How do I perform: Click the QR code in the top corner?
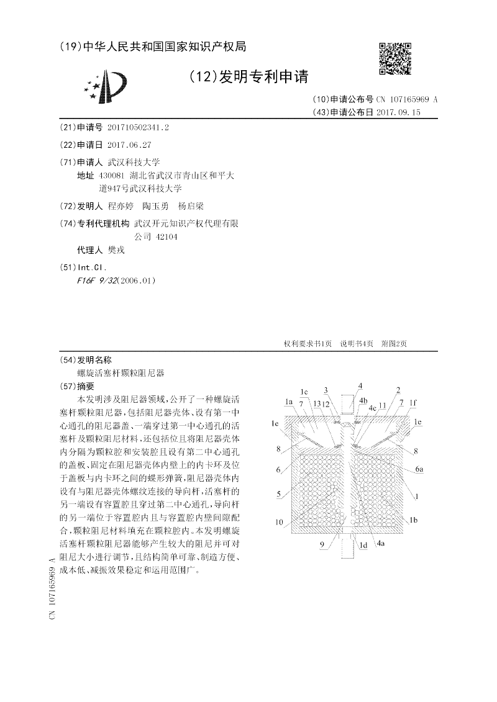point(395,59)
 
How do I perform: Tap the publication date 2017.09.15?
point(398,112)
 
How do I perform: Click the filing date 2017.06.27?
point(129,144)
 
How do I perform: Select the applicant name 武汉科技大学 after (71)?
point(134,161)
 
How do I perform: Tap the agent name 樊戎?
point(117,250)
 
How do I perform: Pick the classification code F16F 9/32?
point(96,280)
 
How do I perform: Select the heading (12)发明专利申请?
point(248,77)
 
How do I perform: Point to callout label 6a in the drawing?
point(419,469)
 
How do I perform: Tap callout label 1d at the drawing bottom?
point(364,545)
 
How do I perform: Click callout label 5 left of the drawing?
point(280,495)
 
